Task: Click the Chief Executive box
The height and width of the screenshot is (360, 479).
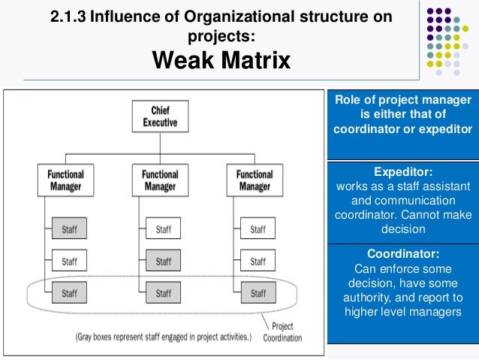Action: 160,116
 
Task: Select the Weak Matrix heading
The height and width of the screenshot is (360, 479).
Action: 221,59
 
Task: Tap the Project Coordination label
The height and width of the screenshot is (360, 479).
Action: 283,333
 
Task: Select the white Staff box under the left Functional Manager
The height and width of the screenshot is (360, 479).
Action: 69,262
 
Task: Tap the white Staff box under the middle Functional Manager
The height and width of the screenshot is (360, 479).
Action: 163,228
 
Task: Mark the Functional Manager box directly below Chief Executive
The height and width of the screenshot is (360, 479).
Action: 160,181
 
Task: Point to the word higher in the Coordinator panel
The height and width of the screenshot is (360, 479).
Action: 363,312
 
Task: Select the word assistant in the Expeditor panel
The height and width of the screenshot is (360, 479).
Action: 445,186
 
